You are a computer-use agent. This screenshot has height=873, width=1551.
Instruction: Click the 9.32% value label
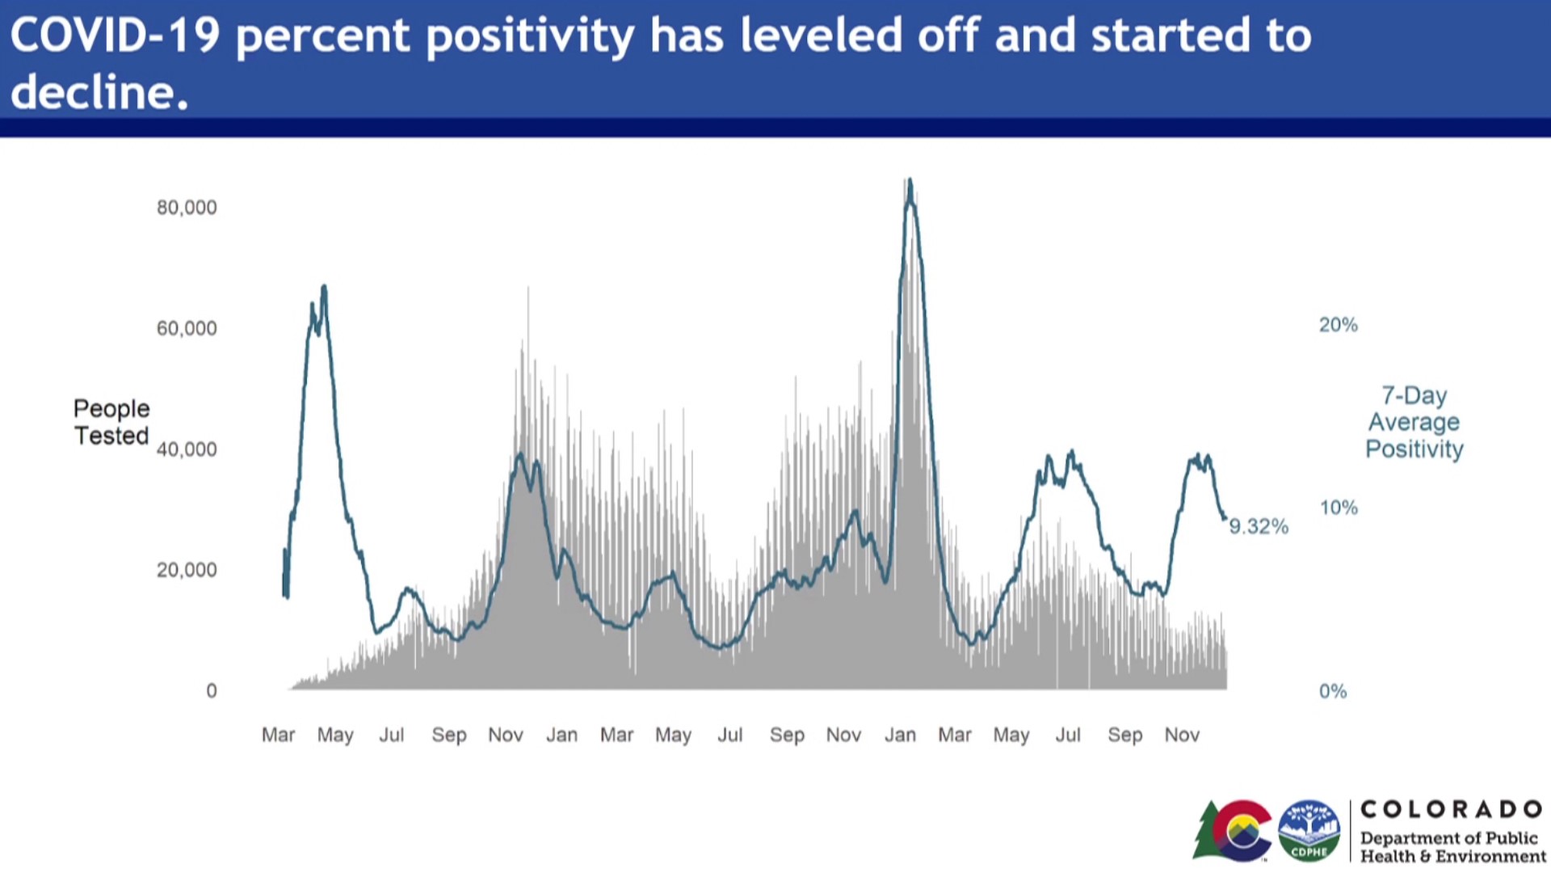coord(1259,527)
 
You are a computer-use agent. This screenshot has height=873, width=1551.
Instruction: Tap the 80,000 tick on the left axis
coord(187,208)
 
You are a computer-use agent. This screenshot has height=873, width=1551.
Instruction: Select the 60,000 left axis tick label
coord(187,328)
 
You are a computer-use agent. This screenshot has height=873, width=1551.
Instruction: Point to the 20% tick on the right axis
coord(1339,325)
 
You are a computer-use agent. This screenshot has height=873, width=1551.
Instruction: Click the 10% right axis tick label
coord(1339,508)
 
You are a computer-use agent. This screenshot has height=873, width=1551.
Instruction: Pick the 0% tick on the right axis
coord(1333,691)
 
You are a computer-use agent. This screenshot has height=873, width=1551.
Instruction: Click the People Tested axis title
coord(111,422)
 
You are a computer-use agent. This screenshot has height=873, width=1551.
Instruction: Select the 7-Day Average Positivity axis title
coord(1414,422)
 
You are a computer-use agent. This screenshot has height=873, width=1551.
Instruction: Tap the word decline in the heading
coord(92,92)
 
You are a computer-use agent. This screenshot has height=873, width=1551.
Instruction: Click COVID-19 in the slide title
coord(115,36)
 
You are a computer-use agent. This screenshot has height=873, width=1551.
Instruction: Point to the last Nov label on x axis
coord(1182,735)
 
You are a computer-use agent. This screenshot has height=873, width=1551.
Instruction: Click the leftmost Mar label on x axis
coord(278,735)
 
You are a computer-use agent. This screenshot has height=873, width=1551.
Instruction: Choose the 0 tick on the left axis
coord(212,691)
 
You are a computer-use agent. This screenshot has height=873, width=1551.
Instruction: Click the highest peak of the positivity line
coord(910,180)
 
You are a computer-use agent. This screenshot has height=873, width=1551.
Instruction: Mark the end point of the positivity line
coord(1225,518)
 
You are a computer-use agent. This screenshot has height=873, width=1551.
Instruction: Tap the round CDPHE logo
coord(1309,830)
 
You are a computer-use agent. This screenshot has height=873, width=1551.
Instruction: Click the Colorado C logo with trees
coord(1234,830)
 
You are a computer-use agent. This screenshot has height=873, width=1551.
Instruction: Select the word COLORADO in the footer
coord(1452,809)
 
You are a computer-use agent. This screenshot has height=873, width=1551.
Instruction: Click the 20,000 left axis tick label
coord(187,570)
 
